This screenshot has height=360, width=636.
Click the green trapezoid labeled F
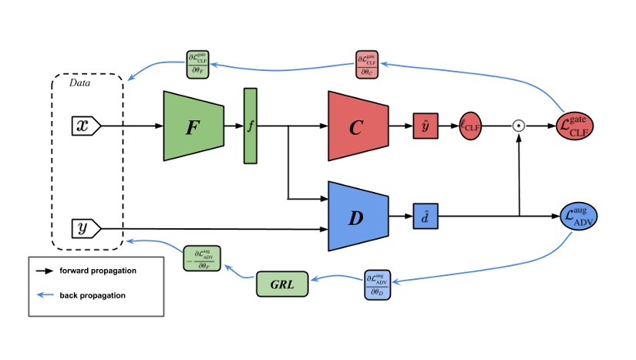[x=193, y=126]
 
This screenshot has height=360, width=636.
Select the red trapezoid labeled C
[x=355, y=126]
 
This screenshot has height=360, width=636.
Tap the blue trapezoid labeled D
[x=355, y=217]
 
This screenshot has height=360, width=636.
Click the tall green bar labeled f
[x=250, y=126]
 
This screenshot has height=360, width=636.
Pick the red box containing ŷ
[x=425, y=126]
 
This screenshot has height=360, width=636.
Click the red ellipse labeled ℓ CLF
[x=470, y=126]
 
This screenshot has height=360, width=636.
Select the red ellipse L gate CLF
[x=577, y=126]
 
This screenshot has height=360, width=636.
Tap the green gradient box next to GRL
[x=202, y=257]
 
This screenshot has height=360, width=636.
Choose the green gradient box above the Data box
[x=201, y=65]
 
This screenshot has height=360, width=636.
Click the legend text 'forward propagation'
[x=98, y=271]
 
